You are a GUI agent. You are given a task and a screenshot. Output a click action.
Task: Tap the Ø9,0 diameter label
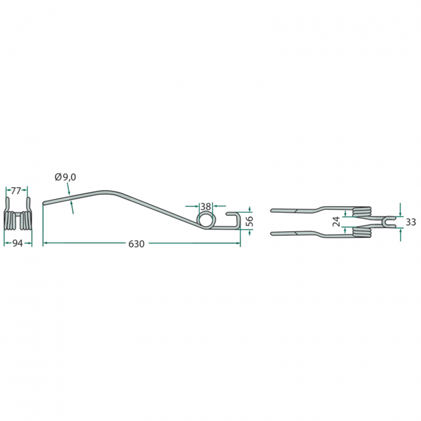[x=65, y=177]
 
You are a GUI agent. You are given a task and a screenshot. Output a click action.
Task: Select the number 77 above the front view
[x=17, y=191]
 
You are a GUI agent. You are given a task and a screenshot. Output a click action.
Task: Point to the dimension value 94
[x=17, y=244]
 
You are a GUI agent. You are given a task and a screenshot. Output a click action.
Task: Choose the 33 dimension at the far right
[x=411, y=222]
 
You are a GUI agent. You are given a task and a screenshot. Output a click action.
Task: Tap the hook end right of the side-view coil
[x=235, y=220]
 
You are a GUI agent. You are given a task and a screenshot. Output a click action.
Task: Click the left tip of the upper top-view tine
[x=272, y=210]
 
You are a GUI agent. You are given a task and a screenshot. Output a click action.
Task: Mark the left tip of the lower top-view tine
[x=272, y=232]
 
